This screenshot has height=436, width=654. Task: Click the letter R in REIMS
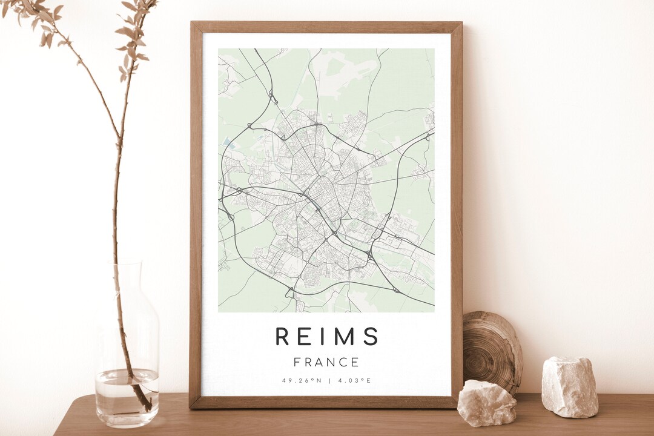[x=283, y=336]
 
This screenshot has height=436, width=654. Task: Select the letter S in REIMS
[x=370, y=336]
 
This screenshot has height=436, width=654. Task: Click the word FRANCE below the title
[x=326, y=363]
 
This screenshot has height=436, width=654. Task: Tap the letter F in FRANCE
[x=297, y=363]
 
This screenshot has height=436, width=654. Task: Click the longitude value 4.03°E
[x=354, y=381]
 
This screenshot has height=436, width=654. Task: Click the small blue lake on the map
[x=226, y=142]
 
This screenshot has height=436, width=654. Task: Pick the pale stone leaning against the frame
[x=486, y=403]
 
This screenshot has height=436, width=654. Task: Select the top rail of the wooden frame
[x=326, y=27]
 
